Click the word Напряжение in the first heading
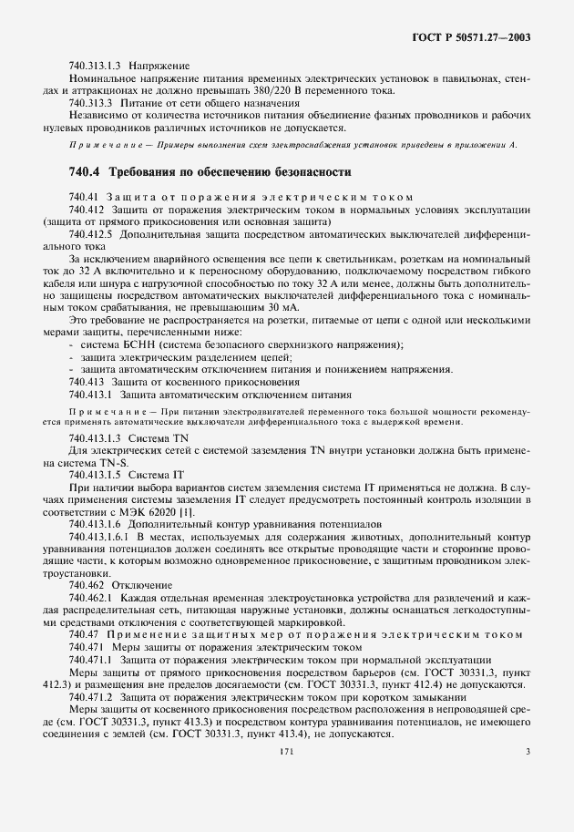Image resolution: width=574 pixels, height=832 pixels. click(159, 67)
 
